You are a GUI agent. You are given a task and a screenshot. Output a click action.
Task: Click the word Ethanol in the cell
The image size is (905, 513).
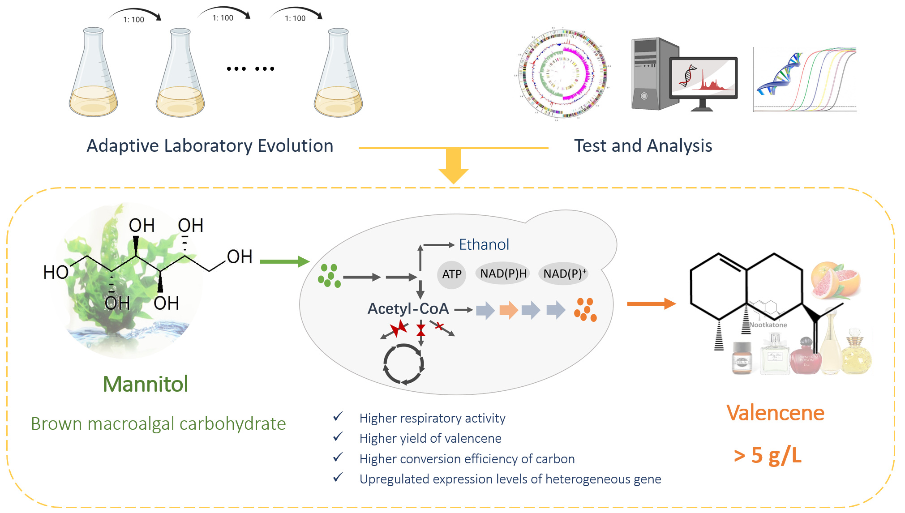484,244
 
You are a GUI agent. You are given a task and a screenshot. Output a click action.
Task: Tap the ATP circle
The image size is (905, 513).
451,274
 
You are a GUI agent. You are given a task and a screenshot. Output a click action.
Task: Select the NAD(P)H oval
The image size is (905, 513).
503,274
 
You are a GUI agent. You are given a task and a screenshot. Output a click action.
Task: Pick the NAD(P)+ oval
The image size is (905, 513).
564,274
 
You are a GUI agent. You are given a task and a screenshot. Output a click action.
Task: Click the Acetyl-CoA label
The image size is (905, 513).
408,308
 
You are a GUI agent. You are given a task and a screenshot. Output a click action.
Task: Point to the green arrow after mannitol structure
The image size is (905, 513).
284,261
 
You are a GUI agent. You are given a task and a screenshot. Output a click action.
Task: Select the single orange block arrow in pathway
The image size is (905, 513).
508,310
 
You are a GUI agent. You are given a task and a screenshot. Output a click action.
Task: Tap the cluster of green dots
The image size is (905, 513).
329,275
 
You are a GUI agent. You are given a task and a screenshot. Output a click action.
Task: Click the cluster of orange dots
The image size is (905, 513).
585,309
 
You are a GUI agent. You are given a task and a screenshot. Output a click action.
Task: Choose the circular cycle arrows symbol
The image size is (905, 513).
403,364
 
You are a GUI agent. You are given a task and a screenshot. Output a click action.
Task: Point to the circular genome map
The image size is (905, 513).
562,74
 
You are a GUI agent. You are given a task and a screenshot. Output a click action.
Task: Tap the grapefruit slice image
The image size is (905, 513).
835,280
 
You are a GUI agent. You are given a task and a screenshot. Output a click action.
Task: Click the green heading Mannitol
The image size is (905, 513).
146,384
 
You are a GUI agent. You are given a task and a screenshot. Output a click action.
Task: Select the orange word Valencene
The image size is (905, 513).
775,413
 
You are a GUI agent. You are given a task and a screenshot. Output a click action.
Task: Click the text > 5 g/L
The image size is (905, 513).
768,455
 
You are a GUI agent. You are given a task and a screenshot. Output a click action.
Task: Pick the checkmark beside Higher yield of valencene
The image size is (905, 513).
338,436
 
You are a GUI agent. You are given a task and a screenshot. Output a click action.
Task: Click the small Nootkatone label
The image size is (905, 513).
768,325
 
